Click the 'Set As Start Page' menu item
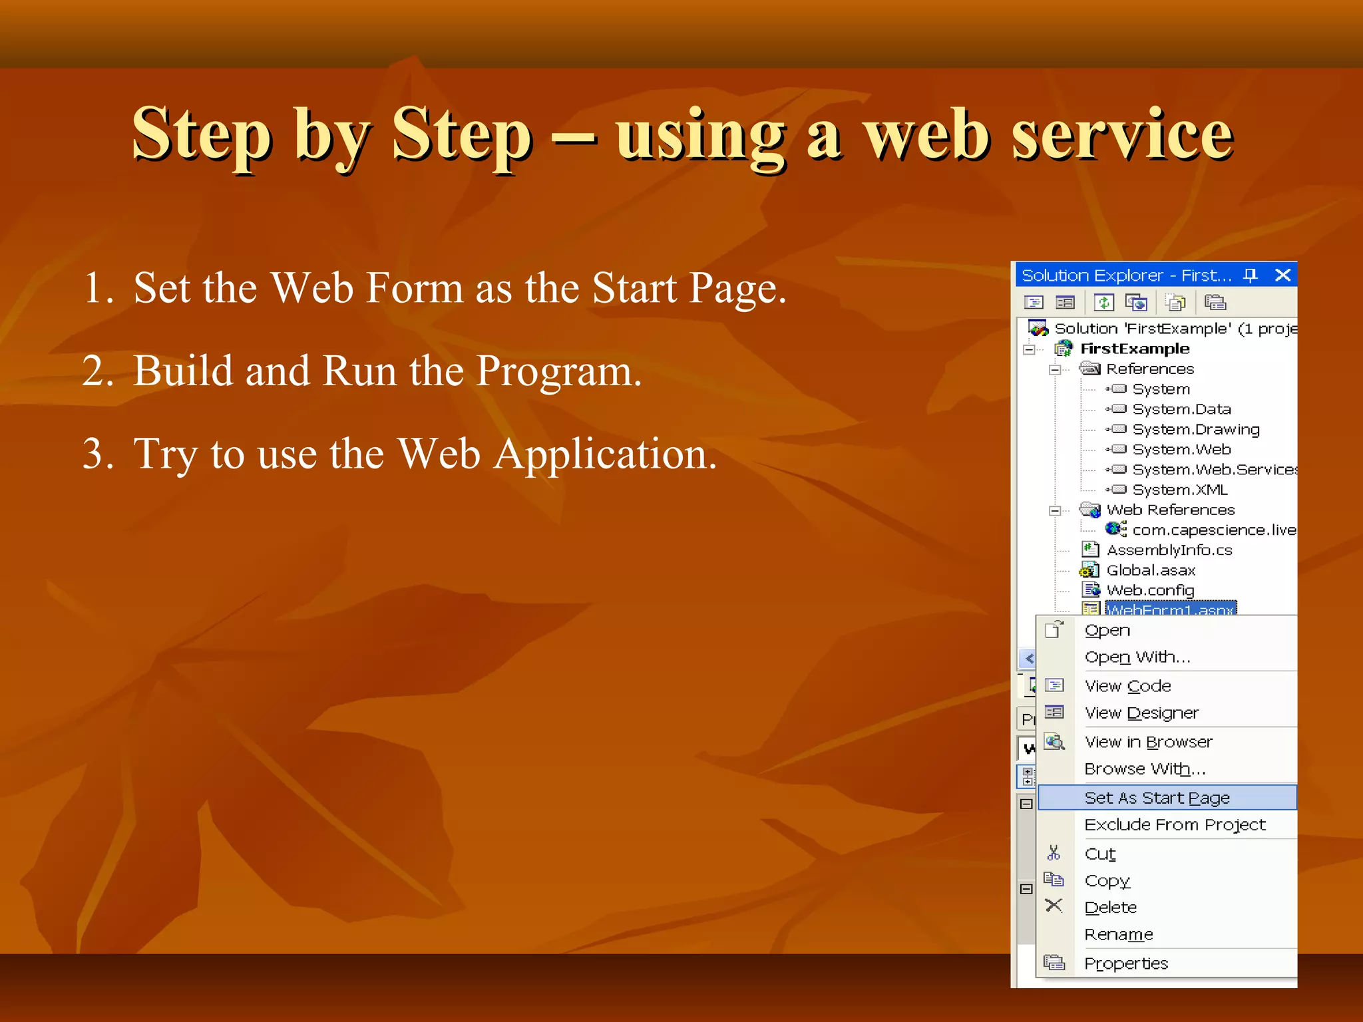pos(1157,798)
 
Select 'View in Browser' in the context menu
pos(1148,742)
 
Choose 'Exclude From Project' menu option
pos(1175,825)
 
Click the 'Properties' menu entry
pos(1126,963)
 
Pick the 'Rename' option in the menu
pos(1118,935)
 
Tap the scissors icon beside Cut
pos(1054,853)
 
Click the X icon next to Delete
pos(1054,906)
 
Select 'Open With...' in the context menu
pos(1137,657)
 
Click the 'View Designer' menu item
pos(1141,713)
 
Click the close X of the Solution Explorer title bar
pos(1282,275)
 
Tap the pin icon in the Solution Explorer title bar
pos(1251,275)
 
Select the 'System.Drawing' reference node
pos(1196,430)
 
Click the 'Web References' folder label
pos(1170,510)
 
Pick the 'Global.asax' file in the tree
pos(1151,571)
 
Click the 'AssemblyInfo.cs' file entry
pos(1169,550)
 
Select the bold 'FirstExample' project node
pos(1135,349)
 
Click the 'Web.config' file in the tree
pos(1150,591)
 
